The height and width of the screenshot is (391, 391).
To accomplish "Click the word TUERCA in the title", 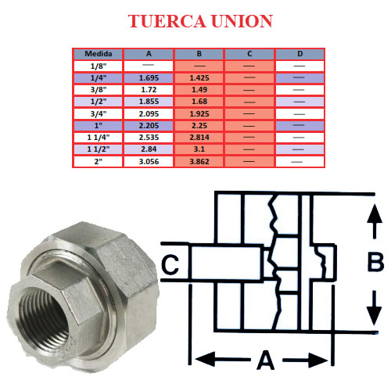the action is pos(167,21).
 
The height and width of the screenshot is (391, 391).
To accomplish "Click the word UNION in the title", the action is pos(242,21).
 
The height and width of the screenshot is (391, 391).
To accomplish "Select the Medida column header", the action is pos(99,54).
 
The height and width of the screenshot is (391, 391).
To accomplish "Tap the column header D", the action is pos(300,54).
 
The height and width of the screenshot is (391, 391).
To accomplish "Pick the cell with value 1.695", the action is pos(149,78).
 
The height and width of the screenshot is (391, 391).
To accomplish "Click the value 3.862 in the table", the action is pos(199,162).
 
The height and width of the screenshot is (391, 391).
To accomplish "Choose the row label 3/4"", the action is pos(99,114).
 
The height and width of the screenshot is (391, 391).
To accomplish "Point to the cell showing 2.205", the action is pos(149,126).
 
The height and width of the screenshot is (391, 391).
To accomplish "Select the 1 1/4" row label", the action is pos(99,138).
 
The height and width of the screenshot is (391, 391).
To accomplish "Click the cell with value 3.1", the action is pos(199,149).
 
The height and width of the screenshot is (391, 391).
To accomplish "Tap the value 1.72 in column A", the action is pos(149,90).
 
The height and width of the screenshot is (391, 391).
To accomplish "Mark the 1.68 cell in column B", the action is pos(199,102).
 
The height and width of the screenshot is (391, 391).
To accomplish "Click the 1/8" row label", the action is pos(99,66).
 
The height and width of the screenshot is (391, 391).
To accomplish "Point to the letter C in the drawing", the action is pos(170,264).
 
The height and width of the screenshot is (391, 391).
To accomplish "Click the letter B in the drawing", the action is pos(375,262).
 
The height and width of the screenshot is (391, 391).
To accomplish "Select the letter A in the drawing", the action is pos(266,361).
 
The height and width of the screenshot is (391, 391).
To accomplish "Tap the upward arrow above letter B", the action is pos(375,221).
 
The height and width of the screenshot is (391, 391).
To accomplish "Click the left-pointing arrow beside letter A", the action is pos(223,360).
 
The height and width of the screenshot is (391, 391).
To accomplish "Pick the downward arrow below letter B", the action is pos(375,308).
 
